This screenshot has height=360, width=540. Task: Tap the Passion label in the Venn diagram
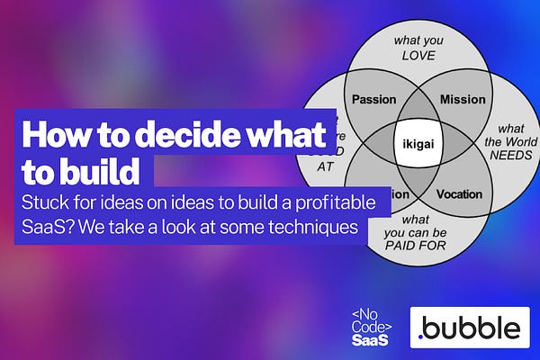click(373, 99)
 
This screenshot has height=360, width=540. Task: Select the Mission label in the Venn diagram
click(463, 99)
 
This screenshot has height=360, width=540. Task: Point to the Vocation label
click(459, 193)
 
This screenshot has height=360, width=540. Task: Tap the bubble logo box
click(467, 327)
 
